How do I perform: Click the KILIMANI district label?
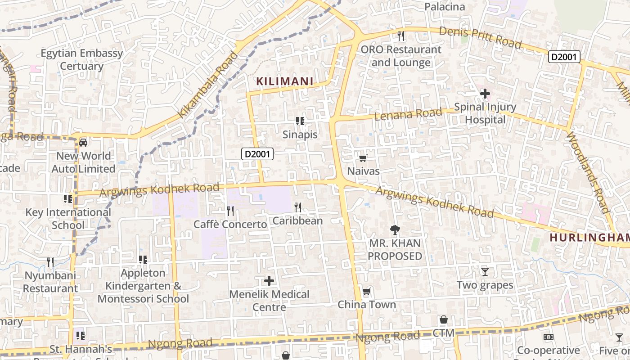click(284, 81)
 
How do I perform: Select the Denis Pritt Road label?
click(480, 37)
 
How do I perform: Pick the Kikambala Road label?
click(208, 85)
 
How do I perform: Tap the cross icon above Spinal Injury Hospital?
click(485, 94)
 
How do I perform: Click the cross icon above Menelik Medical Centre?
click(269, 281)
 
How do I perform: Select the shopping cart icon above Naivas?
click(363, 158)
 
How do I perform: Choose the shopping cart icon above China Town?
click(366, 292)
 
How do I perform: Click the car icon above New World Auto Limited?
click(83, 143)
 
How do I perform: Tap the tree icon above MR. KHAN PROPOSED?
click(395, 230)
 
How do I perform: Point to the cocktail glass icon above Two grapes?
click(485, 271)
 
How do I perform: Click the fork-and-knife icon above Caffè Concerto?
click(230, 211)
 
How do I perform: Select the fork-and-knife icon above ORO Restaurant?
click(400, 36)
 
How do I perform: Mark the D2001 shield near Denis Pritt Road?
click(564, 57)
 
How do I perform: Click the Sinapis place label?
click(300, 135)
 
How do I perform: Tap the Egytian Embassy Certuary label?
click(82, 59)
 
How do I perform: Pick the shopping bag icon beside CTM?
click(444, 319)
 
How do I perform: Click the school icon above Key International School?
click(68, 198)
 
